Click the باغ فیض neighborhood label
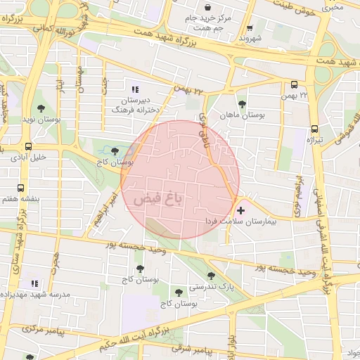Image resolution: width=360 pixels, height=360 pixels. point(157,198)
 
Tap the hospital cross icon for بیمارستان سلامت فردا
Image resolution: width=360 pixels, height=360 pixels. point(241,210)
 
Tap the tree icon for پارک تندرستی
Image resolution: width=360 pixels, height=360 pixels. point(211,275)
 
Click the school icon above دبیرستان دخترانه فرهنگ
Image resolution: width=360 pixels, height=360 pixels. point(135,89)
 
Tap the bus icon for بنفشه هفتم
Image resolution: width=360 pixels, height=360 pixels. point(21,188)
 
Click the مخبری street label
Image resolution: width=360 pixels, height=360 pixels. point(333,8)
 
